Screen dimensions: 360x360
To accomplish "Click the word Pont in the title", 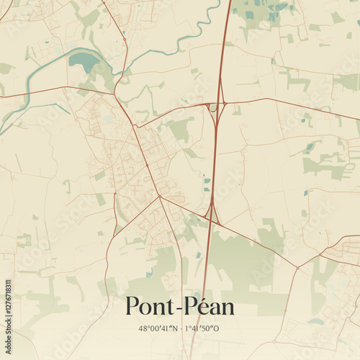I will (x=151, y=307).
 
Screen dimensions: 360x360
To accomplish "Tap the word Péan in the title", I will (x=209, y=307).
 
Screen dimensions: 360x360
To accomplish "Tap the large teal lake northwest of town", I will (x=85, y=60).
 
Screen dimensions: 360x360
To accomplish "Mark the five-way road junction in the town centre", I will (x=159, y=196).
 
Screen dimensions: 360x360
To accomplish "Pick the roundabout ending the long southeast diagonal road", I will (x=297, y=268).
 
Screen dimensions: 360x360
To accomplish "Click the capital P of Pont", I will (x=132, y=307).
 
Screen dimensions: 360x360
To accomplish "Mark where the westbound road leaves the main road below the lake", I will (x=113, y=94).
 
